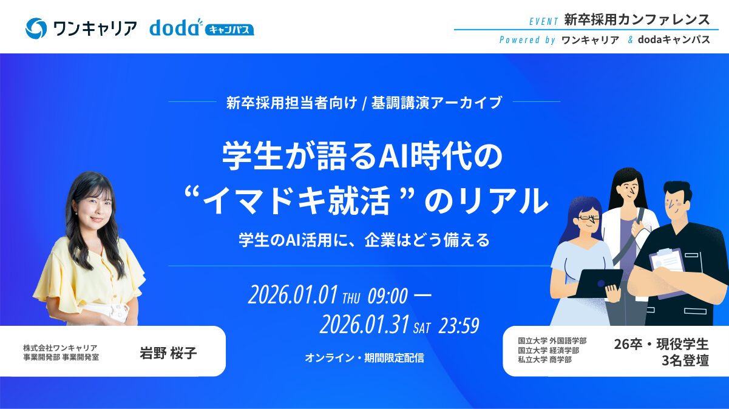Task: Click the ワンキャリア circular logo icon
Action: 36,28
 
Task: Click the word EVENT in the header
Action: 543,21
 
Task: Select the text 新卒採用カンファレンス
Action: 637,19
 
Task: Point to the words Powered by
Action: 527,40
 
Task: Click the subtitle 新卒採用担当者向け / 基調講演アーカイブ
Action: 364,103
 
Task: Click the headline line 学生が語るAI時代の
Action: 363,157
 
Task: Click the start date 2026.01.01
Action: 293,296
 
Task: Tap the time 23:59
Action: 459,326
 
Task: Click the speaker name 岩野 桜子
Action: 168,353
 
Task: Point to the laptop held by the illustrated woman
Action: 594,282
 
